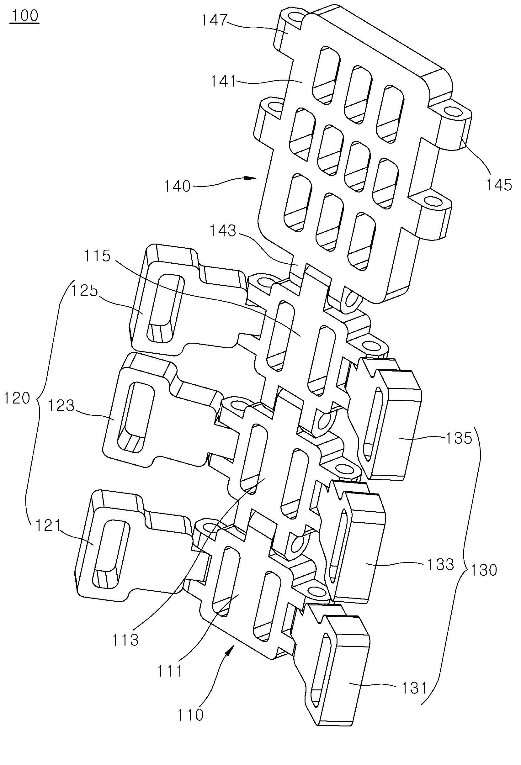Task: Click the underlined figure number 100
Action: [x=25, y=16]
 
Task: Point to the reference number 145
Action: [x=499, y=185]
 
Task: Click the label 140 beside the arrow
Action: [x=178, y=187]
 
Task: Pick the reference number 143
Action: [x=223, y=231]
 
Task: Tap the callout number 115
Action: [x=97, y=256]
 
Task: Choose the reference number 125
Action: [x=85, y=291]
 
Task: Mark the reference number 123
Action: [x=61, y=406]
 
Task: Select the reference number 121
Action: [x=48, y=526]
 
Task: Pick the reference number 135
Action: [x=459, y=438]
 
